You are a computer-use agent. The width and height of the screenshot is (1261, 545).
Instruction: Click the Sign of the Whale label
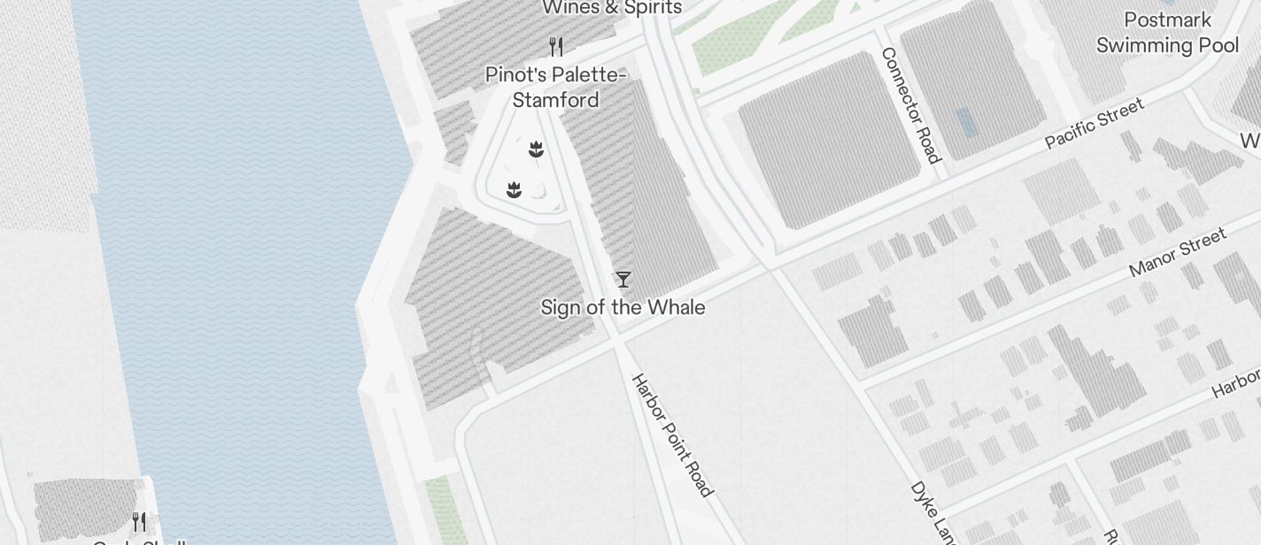(x=623, y=307)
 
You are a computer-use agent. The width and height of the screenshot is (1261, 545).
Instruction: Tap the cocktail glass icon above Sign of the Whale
(x=623, y=280)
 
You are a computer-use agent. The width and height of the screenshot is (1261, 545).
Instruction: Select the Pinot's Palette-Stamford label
(x=555, y=87)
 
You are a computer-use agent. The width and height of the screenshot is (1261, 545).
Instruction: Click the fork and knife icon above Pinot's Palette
(x=556, y=46)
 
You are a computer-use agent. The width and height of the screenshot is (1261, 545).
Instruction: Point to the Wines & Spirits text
(x=612, y=8)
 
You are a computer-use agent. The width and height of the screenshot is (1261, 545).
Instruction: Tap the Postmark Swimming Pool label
(x=1167, y=33)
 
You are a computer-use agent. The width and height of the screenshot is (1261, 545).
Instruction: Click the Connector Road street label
(x=909, y=105)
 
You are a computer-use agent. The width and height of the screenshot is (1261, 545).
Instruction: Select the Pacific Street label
(x=1095, y=124)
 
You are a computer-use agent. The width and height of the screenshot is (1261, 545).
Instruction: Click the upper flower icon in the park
(x=536, y=149)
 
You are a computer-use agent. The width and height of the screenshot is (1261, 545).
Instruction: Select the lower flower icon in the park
(x=514, y=189)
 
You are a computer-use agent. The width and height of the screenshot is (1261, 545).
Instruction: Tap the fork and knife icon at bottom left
(x=139, y=521)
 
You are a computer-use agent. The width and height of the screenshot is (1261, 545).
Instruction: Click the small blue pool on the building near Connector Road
(x=967, y=122)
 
